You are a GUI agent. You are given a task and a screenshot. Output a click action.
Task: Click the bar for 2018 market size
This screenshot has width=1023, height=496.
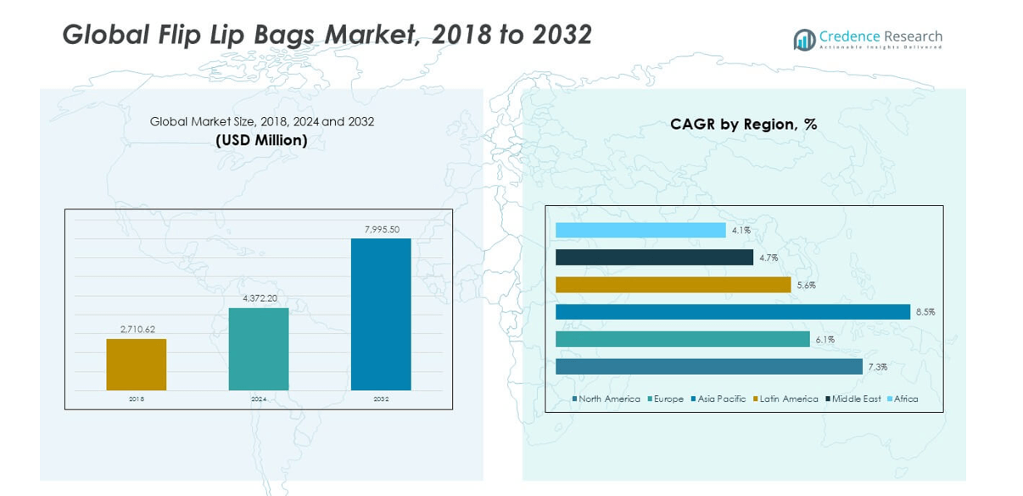coord(136,365)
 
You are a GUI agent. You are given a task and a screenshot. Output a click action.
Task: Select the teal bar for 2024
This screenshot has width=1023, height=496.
coord(259,348)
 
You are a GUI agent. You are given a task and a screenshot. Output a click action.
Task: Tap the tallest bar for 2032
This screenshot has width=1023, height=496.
coord(381,314)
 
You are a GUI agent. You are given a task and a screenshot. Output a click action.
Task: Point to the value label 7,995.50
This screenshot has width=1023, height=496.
coord(382,230)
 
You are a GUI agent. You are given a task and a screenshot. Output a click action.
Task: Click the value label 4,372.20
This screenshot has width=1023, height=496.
coord(259,298)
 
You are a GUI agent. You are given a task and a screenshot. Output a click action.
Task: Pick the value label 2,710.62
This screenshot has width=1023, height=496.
coord(137,329)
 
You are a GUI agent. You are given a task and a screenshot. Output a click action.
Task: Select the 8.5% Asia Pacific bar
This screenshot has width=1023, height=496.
coord(732,312)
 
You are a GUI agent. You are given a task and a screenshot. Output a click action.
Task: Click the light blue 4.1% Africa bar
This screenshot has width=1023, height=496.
coord(640,231)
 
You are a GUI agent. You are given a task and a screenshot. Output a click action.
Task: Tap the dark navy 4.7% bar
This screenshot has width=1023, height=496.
coord(654,257)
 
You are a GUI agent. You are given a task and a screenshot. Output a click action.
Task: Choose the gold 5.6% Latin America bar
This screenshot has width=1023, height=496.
coord(673,285)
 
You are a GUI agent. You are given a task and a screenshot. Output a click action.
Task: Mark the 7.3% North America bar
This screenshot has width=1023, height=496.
coord(708,366)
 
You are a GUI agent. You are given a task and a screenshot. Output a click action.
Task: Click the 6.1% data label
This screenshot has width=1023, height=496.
coord(825,339)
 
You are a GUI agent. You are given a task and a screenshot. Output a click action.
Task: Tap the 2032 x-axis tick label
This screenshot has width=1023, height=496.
coord(381,398)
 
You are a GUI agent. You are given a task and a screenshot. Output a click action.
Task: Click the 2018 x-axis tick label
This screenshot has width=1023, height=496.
coord(137,398)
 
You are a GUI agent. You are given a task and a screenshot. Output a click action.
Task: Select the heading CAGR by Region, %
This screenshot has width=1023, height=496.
coord(743,125)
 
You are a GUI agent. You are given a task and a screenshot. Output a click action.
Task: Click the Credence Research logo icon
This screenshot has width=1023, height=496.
coord(803,39)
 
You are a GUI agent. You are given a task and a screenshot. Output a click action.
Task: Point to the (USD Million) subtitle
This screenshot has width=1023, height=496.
coord(261,140)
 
